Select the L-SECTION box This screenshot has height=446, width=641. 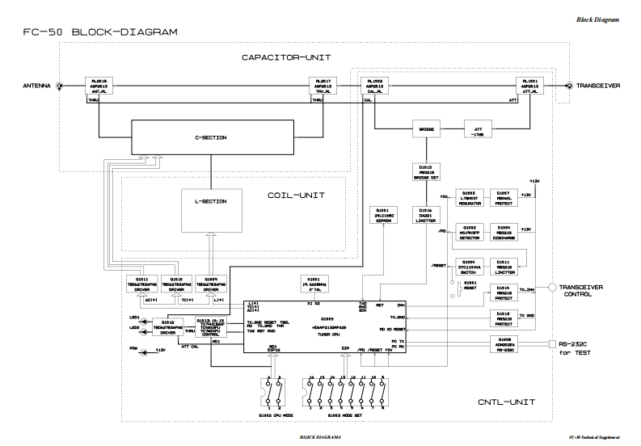click(210, 201)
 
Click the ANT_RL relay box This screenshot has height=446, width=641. click(98, 86)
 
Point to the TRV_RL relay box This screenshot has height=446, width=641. click(323, 86)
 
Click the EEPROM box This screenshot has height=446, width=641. click(382, 217)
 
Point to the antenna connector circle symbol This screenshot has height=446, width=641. click(59, 86)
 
